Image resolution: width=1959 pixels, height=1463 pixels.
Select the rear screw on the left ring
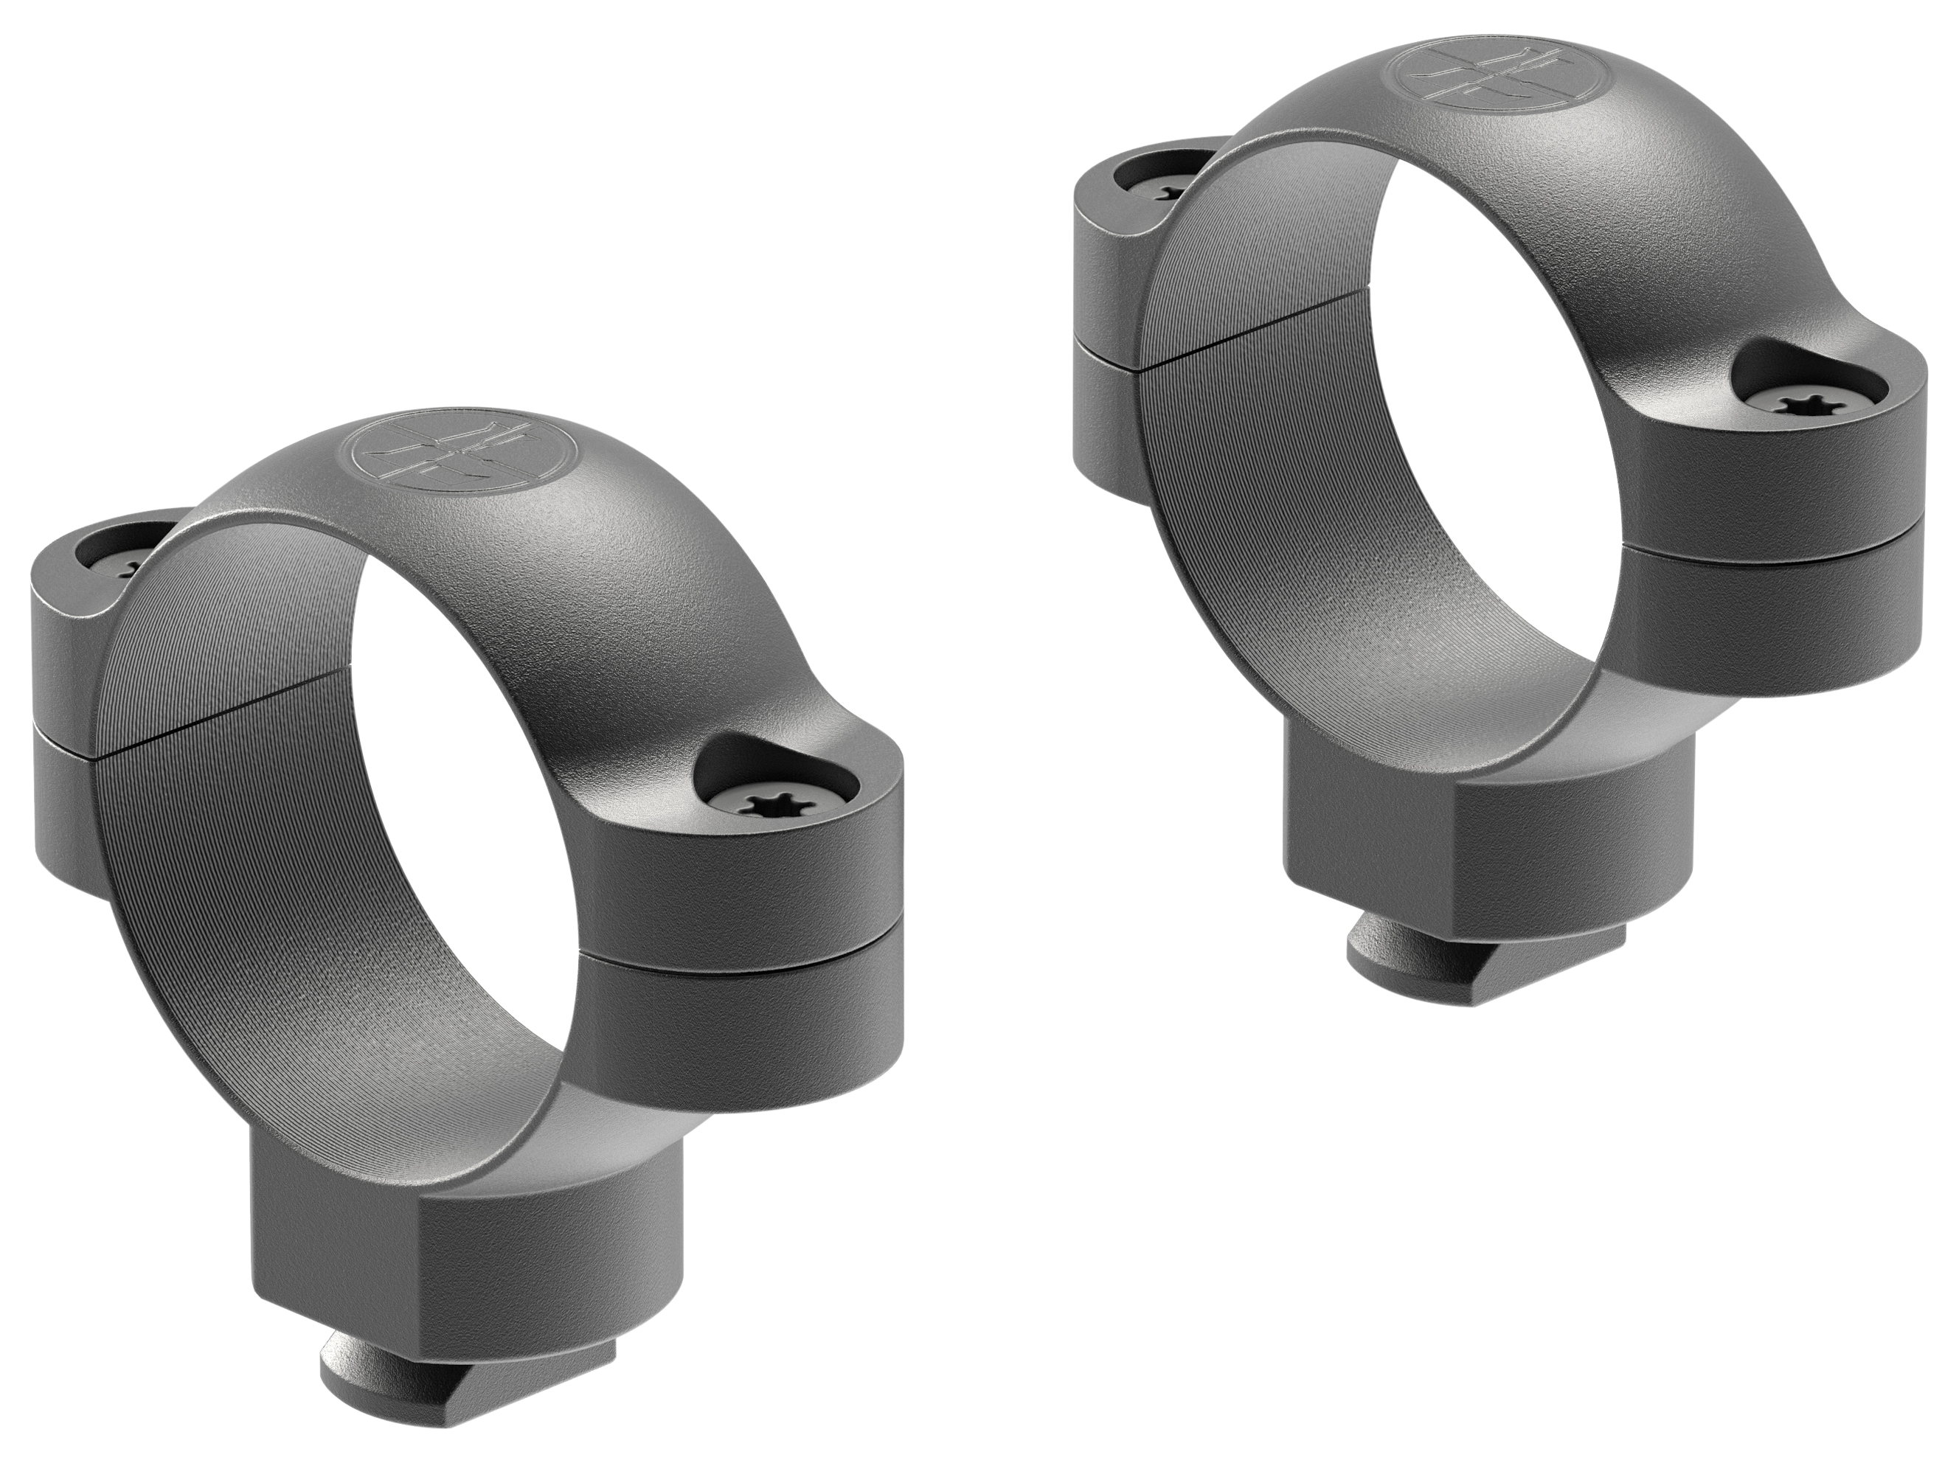click(x=135, y=564)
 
